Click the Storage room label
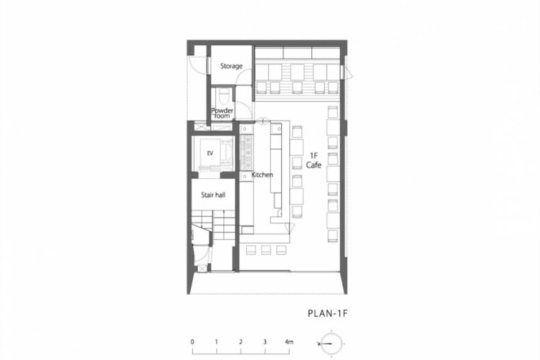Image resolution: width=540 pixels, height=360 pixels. (231, 66)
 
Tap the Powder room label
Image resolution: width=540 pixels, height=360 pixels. (222, 113)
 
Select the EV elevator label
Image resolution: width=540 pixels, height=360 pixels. (210, 153)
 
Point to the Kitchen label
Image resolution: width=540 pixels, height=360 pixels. (262, 175)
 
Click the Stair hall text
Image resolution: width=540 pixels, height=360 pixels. (213, 195)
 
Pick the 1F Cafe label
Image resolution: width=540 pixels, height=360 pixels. (314, 161)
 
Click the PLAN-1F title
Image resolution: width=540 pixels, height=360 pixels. (328, 314)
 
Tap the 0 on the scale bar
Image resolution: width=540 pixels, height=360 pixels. (192, 342)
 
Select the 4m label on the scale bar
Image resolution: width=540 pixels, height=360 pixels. (289, 342)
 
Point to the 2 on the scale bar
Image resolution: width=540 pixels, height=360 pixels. (240, 342)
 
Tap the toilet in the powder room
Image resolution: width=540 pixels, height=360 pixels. (224, 96)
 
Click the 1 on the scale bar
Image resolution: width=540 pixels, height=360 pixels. (216, 342)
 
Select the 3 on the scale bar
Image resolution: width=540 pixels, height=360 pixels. (265, 342)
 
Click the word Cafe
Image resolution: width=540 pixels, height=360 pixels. (314, 165)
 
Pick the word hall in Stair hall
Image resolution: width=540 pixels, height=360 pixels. (220, 195)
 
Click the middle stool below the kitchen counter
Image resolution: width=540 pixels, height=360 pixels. (266, 250)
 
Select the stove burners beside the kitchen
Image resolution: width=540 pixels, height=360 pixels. (247, 152)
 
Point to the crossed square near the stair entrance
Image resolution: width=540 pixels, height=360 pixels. (202, 269)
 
